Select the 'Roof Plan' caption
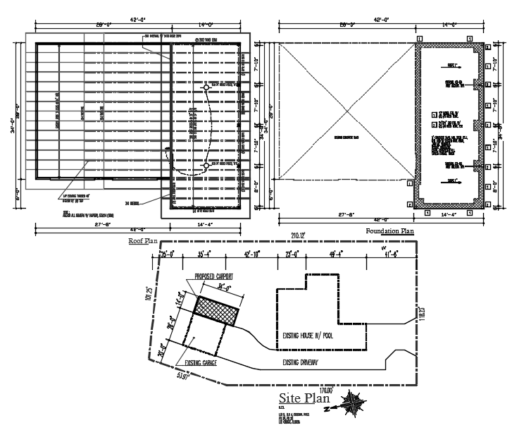tap(143, 240)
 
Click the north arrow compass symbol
tap(351, 405)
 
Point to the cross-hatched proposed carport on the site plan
tap(216, 309)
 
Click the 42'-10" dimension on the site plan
tap(252, 254)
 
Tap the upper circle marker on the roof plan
tap(206, 88)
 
